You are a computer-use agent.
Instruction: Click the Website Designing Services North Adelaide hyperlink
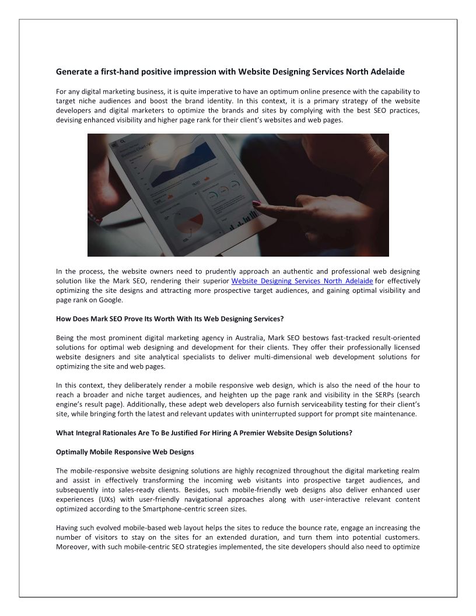(302, 281)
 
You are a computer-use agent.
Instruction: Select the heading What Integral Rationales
(204, 433)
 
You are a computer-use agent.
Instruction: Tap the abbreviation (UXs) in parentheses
(104, 499)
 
